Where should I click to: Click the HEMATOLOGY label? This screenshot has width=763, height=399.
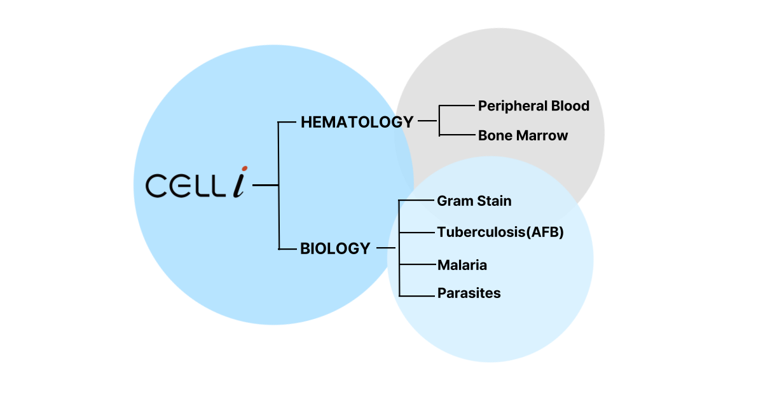[x=357, y=122]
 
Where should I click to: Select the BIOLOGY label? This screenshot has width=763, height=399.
[x=335, y=248]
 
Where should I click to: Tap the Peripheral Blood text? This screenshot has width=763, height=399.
[x=533, y=106]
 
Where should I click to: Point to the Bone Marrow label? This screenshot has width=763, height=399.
[x=523, y=135]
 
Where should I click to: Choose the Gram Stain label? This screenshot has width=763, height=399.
[x=474, y=201]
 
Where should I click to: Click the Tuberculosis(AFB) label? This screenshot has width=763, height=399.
[x=500, y=232]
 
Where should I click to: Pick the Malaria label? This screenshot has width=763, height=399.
[x=462, y=265]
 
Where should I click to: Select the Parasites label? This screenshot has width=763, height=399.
[x=469, y=293]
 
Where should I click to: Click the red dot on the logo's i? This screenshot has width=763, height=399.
[x=245, y=168]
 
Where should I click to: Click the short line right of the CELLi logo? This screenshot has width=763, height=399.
[x=265, y=185]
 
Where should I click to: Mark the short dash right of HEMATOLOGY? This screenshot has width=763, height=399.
[x=427, y=121]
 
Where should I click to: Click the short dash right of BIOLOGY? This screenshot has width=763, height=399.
[x=386, y=248]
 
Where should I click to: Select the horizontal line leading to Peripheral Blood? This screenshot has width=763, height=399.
[x=457, y=105]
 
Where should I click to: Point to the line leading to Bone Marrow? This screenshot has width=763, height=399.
[x=457, y=135]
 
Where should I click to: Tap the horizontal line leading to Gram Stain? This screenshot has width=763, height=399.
[x=416, y=200]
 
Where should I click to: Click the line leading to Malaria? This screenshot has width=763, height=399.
[x=418, y=264]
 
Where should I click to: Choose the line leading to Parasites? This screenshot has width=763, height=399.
[x=417, y=296]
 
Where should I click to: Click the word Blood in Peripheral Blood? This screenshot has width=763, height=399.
[x=570, y=106]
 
